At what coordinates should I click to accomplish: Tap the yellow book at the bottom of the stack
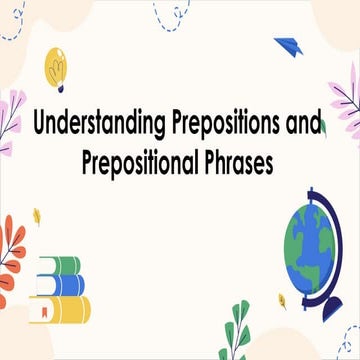tap(62, 308)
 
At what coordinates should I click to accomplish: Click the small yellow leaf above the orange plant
tap(36, 215)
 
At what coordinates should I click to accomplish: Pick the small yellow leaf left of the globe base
tap(282, 298)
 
